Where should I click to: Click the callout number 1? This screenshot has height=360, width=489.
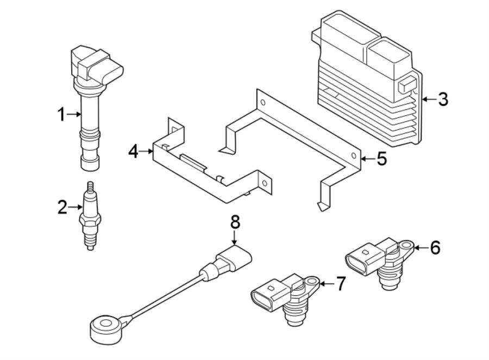click(x=62, y=115)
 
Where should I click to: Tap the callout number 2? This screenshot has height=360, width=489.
click(x=62, y=207)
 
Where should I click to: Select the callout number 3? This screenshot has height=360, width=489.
click(x=443, y=100)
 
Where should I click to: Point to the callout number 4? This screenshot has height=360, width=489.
click(x=134, y=152)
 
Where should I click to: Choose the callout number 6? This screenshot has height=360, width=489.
click(x=435, y=248)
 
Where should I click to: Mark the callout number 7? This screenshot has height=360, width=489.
click(x=340, y=283)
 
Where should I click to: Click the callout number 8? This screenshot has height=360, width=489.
click(x=235, y=221)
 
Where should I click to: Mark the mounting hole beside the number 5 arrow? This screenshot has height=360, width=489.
click(x=354, y=157)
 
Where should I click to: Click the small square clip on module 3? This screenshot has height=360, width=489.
click(x=406, y=85)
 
